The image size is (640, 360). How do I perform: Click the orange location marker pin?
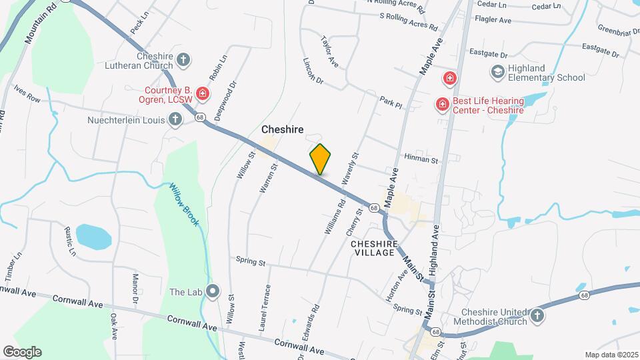pos(321,159)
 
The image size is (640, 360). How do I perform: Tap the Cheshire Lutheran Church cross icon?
pos(184,61)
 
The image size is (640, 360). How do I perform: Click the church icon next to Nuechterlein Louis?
pos(175,120)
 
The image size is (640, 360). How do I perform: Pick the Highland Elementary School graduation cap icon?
pos(497,71)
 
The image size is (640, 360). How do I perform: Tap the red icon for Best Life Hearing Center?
pos(441,104)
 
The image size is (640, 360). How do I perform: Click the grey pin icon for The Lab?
pos(213,291)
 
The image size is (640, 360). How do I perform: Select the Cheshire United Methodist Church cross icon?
pos(537,315)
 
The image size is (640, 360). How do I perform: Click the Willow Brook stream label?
pos(183,204)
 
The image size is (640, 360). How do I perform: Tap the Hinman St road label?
pos(421,160)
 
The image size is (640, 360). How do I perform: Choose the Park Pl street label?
pos(391,103)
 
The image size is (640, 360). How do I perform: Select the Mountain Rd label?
pos(39,27)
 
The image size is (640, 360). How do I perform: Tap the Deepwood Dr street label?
pos(227,100)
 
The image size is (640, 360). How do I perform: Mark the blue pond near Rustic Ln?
pos(93,235)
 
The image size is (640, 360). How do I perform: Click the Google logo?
pos(22,352)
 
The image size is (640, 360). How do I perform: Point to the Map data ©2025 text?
pos(610,355)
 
